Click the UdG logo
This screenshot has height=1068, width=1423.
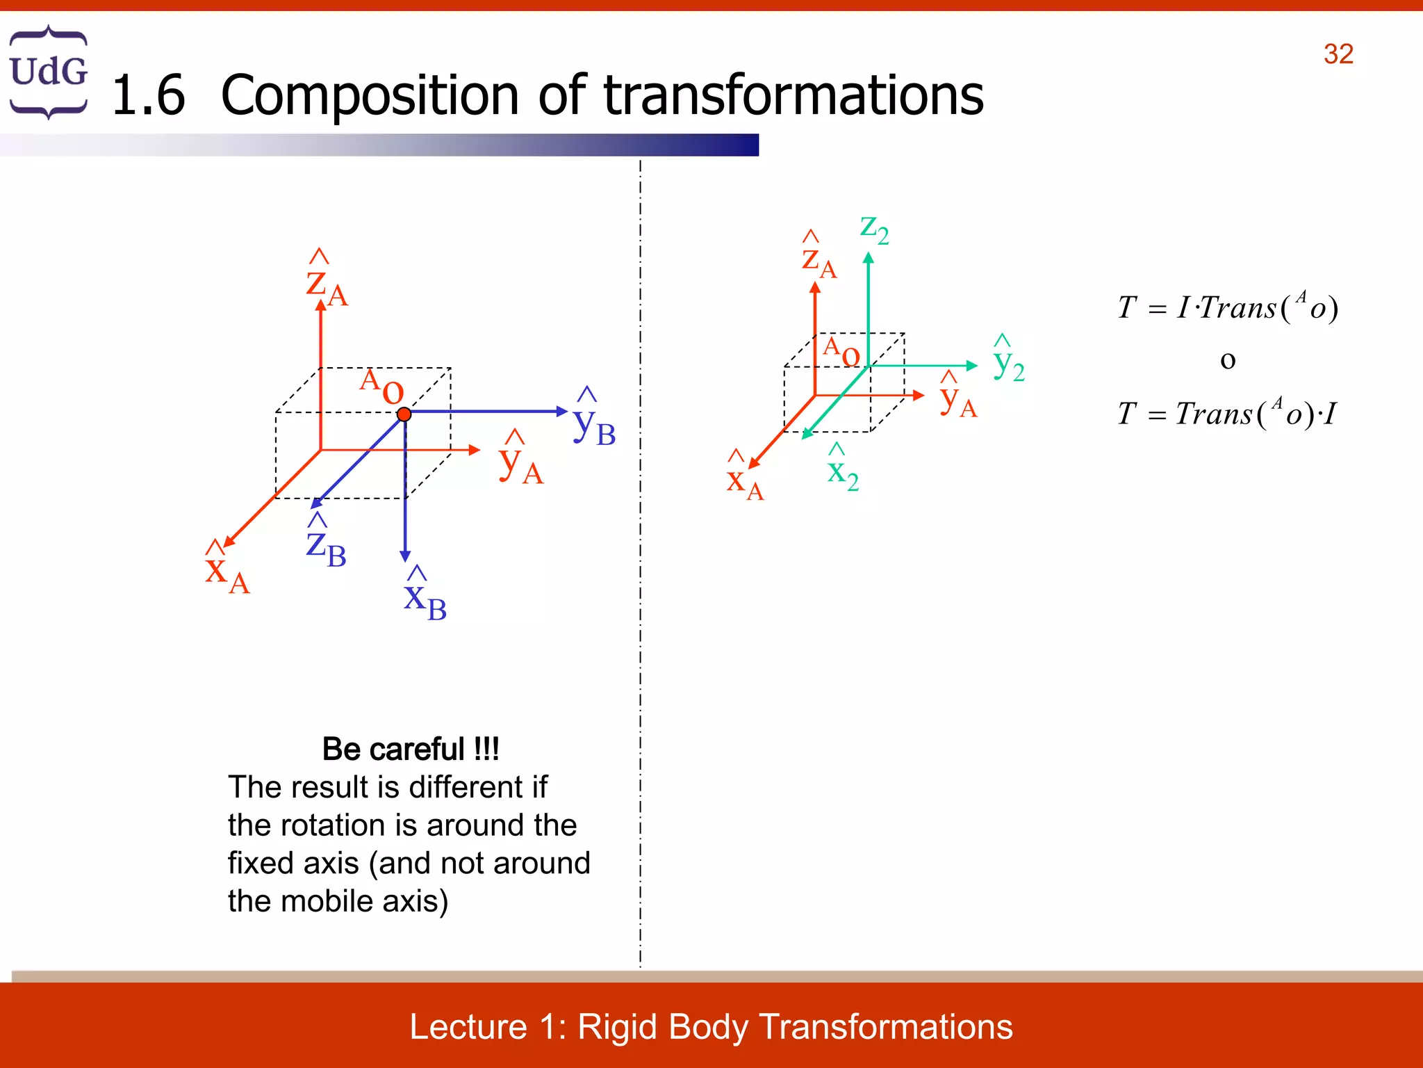pos(48,72)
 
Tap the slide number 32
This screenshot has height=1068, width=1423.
pos(1338,54)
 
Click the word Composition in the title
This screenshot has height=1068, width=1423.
pos(369,95)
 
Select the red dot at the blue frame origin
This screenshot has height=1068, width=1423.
pos(404,414)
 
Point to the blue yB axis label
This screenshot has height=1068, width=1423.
pos(593,421)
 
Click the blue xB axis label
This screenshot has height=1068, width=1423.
pos(425,598)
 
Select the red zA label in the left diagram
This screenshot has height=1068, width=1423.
pos(326,282)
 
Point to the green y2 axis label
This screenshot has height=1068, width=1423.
pos(1008,362)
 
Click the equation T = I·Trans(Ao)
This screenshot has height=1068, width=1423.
pos(1227,307)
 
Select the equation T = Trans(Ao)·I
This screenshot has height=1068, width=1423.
pos(1227,413)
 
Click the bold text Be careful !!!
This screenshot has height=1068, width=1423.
pos(411,749)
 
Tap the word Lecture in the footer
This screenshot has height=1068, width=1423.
pos(468,1026)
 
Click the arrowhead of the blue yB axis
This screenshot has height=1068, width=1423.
pos(562,411)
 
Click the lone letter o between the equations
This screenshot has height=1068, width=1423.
pos(1228,360)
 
